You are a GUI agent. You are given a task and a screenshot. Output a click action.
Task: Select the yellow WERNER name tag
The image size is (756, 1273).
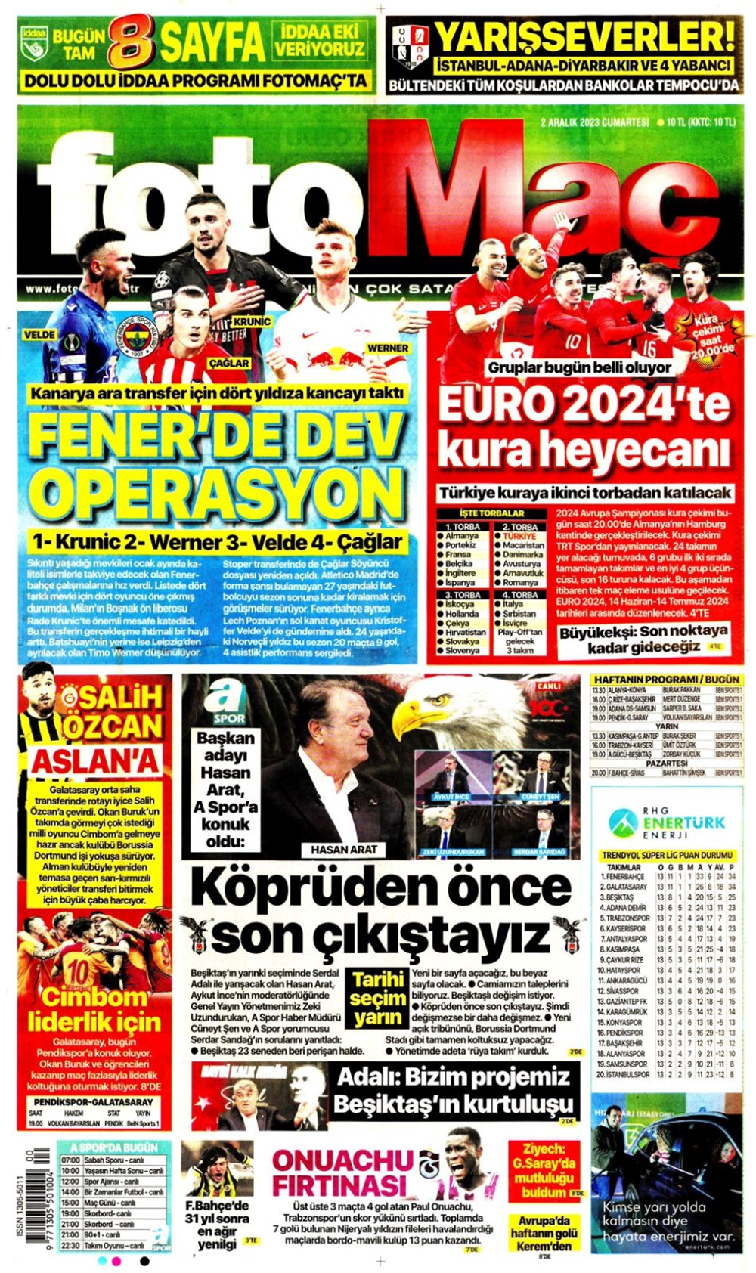point(388,348)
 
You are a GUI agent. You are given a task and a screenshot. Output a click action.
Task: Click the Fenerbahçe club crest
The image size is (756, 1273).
point(134,336)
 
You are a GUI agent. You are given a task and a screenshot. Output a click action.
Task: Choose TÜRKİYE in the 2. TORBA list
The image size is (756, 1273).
point(519,536)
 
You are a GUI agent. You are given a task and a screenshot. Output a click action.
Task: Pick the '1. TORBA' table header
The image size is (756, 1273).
point(462,527)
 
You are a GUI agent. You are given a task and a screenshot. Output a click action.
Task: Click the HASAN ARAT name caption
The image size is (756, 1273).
point(344,850)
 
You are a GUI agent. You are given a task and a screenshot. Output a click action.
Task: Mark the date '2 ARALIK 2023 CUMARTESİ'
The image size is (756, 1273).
point(595,122)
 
